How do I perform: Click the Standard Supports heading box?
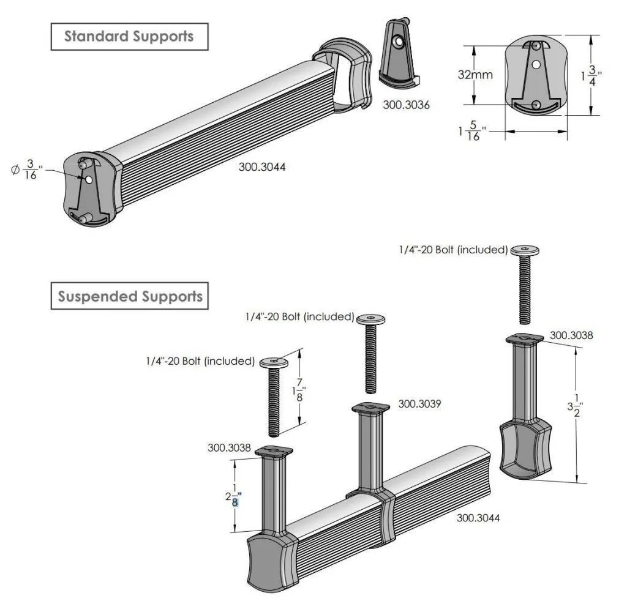[x=129, y=37]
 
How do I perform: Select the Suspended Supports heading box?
[x=130, y=297]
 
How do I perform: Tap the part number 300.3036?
[x=406, y=105]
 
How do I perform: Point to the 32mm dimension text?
[x=475, y=75]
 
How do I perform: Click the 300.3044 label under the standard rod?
[x=261, y=166]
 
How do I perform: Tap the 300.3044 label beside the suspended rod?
[x=478, y=518]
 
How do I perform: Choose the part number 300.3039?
[x=419, y=404]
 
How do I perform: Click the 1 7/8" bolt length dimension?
[x=299, y=389]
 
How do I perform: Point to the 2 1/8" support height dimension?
[x=233, y=495]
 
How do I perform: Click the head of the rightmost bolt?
[x=525, y=249]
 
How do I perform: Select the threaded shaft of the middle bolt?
[x=370, y=361]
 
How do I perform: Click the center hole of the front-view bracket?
[x=536, y=64]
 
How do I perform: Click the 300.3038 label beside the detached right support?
[x=571, y=335]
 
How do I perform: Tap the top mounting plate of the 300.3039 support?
[x=370, y=408]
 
